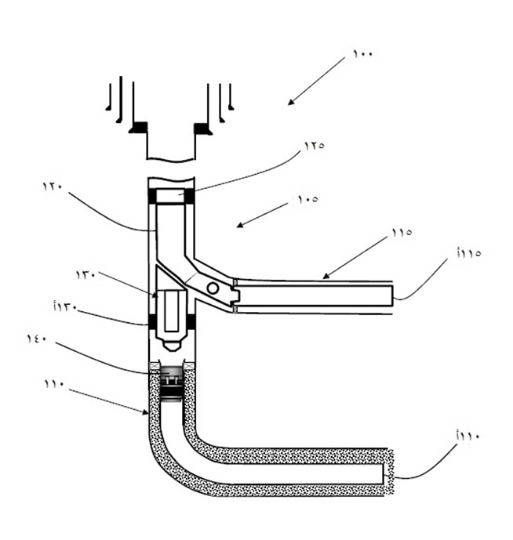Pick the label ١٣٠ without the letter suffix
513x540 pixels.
coord(85,274)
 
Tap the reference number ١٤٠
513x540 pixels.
coord(38,339)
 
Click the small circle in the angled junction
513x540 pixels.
coord(213,288)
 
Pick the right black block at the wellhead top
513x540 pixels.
coord(203,128)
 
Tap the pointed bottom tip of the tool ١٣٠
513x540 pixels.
coord(172,346)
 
